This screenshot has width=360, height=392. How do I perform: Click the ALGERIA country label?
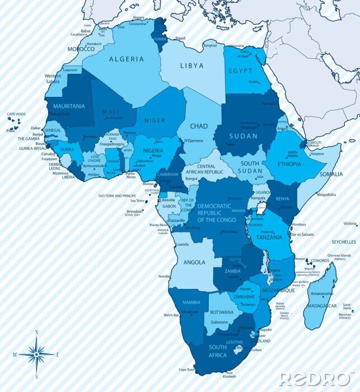pyautogui.click(x=126, y=59)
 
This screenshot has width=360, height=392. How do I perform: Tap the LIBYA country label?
pyautogui.click(x=192, y=66)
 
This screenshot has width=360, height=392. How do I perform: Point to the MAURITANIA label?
pyautogui.click(x=66, y=106)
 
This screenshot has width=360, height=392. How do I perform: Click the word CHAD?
pyautogui.click(x=199, y=127)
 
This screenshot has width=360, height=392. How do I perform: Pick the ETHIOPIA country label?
pyautogui.click(x=286, y=164)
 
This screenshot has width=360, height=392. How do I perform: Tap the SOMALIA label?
pyautogui.click(x=331, y=174)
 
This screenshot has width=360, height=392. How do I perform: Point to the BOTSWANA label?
pyautogui.click(x=222, y=312)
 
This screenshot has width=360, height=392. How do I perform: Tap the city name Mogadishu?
pyautogui.click(x=326, y=194)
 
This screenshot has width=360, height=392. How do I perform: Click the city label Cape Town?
pyautogui.click(x=186, y=370)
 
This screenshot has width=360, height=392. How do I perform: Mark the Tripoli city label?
pyautogui.click(x=180, y=38)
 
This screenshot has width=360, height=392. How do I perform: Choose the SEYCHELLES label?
pyautogui.click(x=343, y=242)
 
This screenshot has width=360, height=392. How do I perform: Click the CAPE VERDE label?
pyautogui.click(x=16, y=114)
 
